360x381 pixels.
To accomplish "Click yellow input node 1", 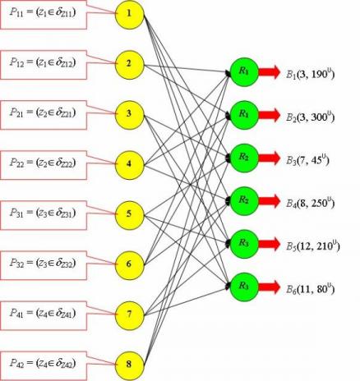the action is coord(129,14).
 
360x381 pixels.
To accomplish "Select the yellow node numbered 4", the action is coord(129,164).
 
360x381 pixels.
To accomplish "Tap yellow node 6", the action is coord(129,264).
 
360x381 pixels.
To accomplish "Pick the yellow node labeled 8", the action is coord(129,365).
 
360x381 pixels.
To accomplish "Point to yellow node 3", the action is coord(129,114).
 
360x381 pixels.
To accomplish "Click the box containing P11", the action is coord(44,14).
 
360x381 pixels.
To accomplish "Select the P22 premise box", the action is coord(44,165).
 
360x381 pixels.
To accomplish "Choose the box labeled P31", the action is coord(44,215).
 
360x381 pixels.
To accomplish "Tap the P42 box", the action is coord(44,365).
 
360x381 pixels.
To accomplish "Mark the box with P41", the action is coord(44,315).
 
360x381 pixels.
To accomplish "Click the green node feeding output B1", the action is coord(244,72).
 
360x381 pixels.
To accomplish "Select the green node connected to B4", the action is coord(244,201).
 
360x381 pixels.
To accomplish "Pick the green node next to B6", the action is coord(244,287).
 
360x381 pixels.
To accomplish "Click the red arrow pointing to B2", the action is coord(270,115).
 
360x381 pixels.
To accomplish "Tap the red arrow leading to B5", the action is coord(270,244).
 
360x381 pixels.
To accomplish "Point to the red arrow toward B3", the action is coord(270,158).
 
